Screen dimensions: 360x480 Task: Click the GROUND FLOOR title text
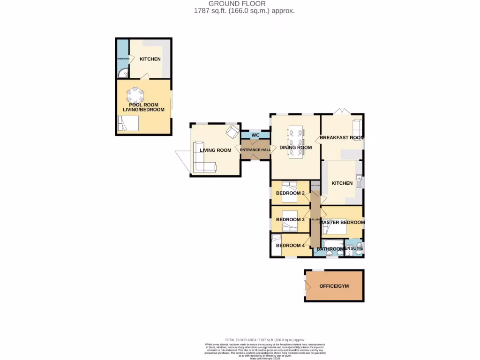coord(237,4)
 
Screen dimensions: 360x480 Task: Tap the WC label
coord(255,135)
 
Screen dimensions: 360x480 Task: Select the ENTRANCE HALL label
coord(255,150)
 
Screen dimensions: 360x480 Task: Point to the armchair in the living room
coord(232,132)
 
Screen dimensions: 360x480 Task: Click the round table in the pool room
coord(135,96)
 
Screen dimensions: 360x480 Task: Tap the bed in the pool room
coord(128,124)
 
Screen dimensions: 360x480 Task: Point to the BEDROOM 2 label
coord(290,193)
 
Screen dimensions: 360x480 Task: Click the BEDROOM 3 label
coord(290,219)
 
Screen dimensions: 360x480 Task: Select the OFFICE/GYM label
coord(334,286)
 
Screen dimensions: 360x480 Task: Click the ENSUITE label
coord(353,248)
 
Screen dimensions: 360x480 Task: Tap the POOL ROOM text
coord(143,105)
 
